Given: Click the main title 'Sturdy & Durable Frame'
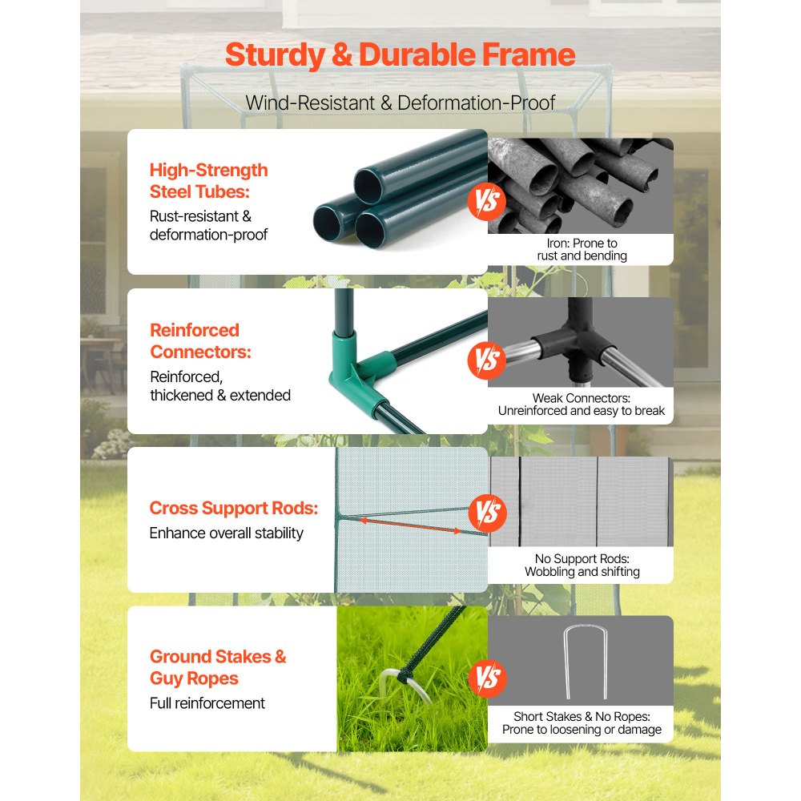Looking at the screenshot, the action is [400, 54].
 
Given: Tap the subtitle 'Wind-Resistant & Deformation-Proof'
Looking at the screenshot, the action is [400, 103].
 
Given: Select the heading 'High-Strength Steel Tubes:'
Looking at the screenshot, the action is [208, 181].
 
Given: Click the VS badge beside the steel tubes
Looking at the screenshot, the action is [486, 201].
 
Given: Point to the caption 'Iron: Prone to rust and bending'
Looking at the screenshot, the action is [582, 249].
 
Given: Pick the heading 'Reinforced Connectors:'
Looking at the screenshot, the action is [200, 340].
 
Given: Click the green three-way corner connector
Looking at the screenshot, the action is [360, 364].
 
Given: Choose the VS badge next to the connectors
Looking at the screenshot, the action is [486, 360].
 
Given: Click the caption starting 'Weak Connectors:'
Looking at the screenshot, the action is [582, 405].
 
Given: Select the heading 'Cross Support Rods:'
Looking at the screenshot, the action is [233, 508].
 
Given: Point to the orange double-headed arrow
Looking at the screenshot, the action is [410, 525].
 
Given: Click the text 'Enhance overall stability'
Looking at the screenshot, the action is [227, 533].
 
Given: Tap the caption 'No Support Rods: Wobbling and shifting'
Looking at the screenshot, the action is [582, 565].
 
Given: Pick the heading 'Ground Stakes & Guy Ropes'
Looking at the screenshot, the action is [218, 667].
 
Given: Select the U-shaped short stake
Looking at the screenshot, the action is [586, 662].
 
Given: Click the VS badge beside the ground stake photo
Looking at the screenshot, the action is [487, 678].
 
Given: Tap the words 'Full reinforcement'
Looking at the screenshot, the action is [207, 703].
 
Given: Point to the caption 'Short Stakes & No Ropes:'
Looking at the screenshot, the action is [582, 717].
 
